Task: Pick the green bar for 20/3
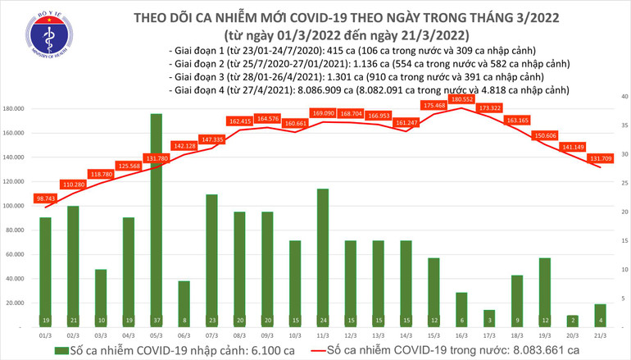570,321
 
